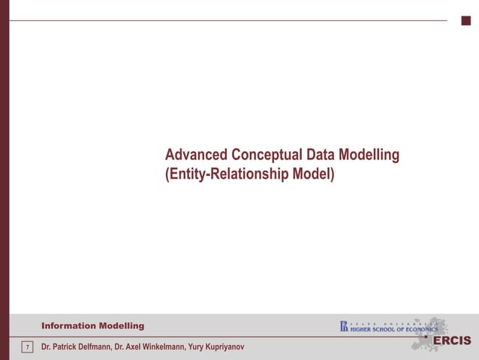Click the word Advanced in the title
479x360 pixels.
197,156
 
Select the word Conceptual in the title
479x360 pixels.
267,156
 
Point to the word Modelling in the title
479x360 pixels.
369,156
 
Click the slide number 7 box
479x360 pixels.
27,347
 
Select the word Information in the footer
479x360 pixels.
68,325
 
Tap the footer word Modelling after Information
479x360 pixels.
121,325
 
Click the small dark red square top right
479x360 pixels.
465,20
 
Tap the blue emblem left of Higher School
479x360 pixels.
344,326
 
